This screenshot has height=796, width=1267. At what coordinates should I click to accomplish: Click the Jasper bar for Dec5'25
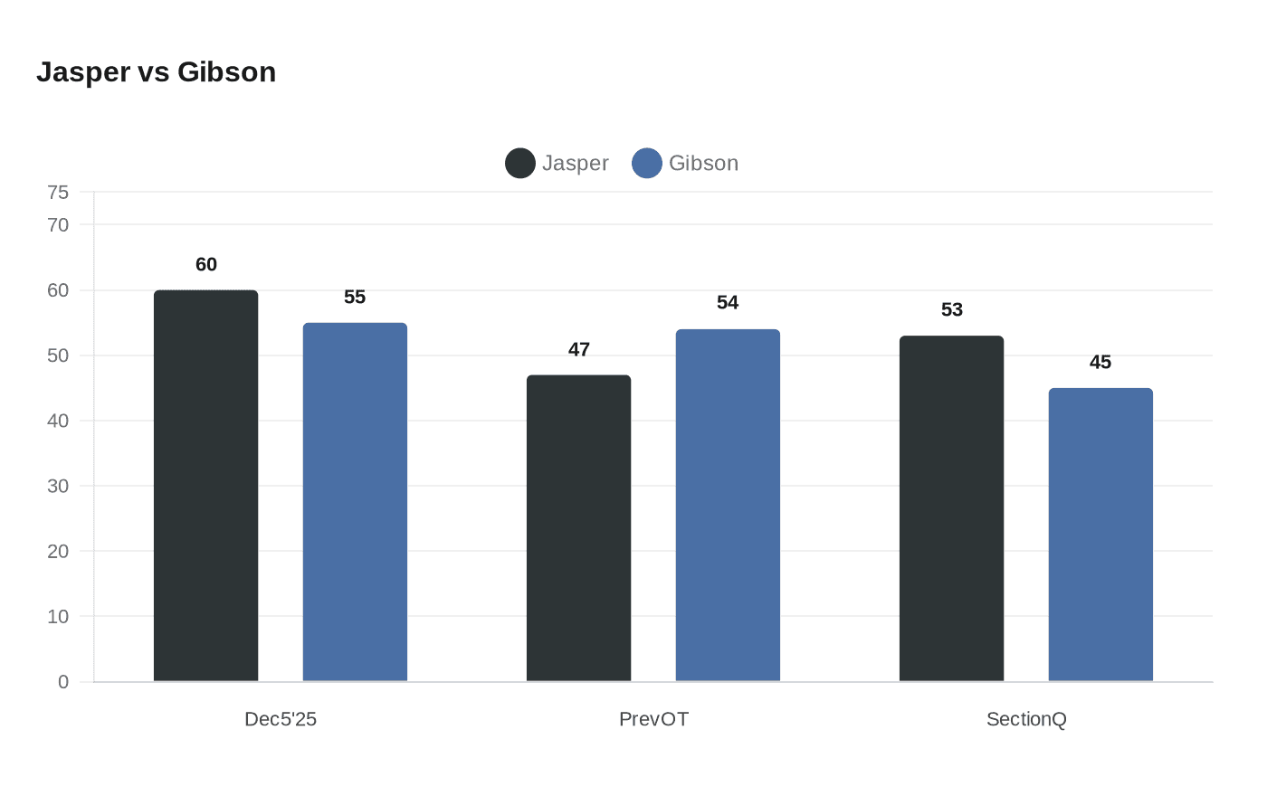[x=205, y=486]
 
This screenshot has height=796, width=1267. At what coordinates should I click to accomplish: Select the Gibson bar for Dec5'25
[x=355, y=502]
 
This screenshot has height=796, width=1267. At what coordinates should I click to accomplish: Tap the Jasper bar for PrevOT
[x=578, y=528]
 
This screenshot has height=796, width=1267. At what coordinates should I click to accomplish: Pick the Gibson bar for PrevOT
[x=728, y=505]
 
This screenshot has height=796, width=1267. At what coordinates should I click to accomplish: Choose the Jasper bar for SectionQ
[x=951, y=508]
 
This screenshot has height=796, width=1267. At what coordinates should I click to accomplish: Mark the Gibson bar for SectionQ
[x=1100, y=535]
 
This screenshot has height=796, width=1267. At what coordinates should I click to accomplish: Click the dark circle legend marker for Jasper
[x=520, y=164]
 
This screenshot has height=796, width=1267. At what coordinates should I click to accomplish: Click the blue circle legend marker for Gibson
[x=647, y=164]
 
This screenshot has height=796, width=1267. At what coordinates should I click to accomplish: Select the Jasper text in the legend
[x=575, y=164]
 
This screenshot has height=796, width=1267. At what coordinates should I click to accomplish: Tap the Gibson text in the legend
[x=703, y=164]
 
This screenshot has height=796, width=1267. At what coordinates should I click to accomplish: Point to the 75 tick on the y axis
[x=58, y=192]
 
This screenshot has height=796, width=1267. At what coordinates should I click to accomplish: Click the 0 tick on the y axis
[x=63, y=682]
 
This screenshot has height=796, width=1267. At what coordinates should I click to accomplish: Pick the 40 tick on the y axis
[x=58, y=421]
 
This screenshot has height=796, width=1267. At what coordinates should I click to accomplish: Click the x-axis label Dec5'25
[x=281, y=719]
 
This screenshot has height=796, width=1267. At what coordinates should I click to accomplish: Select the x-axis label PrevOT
[x=653, y=719]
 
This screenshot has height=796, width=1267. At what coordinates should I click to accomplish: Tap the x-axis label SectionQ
[x=1026, y=719]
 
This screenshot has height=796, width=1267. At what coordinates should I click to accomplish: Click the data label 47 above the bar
[x=579, y=350]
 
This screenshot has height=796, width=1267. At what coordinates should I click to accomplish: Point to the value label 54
[x=728, y=303]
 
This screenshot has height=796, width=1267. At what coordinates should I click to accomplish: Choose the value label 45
[x=1100, y=363]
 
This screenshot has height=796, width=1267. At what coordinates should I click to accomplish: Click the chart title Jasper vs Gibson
[x=156, y=72]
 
